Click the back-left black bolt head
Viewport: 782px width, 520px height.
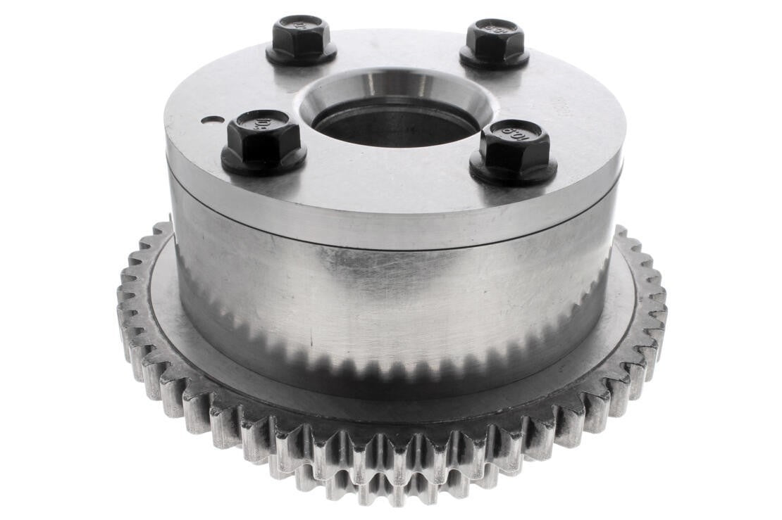coord(301,35)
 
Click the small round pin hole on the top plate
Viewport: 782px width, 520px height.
coord(207,120)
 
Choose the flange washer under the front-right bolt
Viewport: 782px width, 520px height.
coord(514,172)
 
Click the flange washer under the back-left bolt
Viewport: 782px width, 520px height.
coord(301,56)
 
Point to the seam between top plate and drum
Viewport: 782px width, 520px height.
coord(395,243)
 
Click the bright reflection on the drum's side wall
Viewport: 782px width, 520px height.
coord(366,281)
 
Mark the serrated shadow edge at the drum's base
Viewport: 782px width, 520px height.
coord(395,366)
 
